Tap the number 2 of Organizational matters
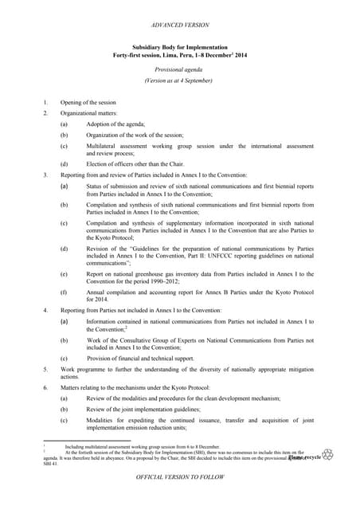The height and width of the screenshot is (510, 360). [x=46, y=114]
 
